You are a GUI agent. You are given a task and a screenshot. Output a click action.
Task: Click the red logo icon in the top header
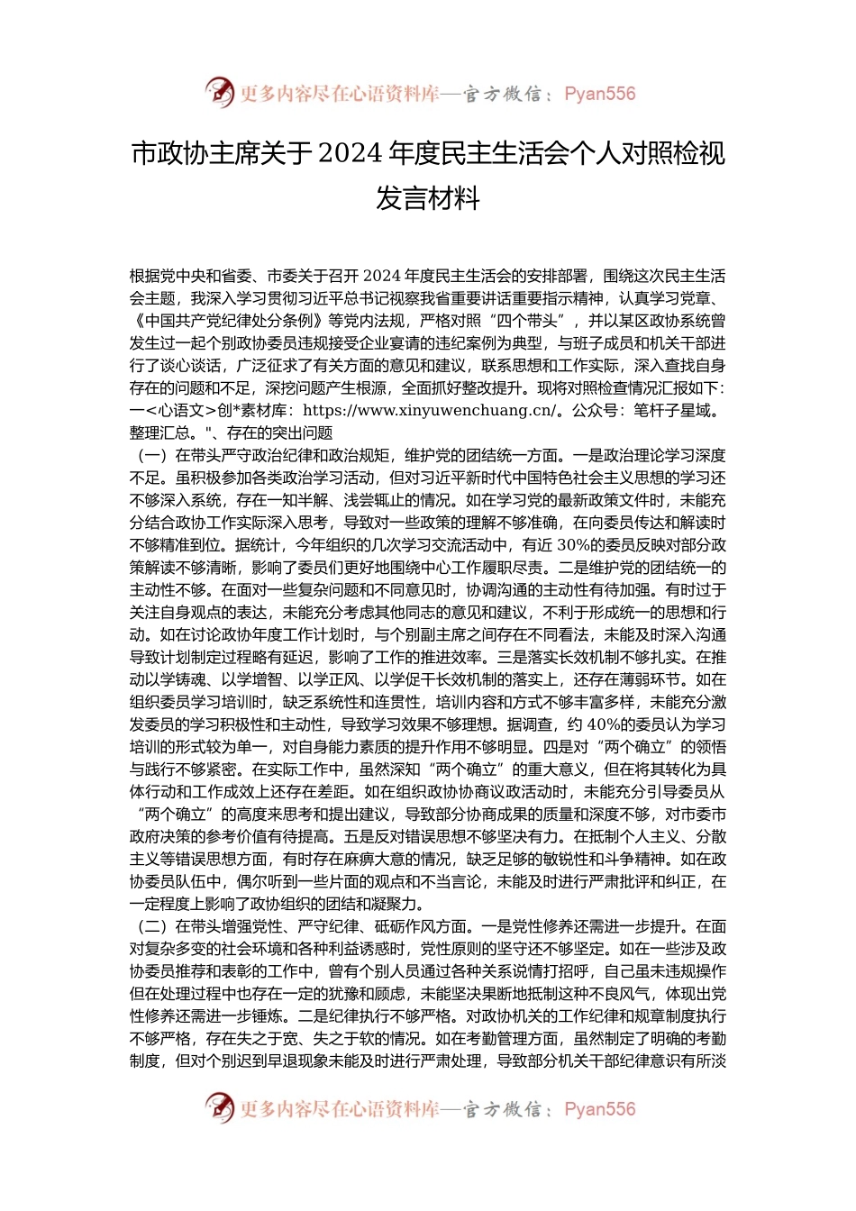point(220,93)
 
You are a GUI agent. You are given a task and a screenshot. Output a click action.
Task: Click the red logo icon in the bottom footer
point(220,1108)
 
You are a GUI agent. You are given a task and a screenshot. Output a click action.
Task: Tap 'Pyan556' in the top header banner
point(599,94)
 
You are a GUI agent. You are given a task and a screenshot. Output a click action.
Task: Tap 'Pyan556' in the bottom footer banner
point(599,1109)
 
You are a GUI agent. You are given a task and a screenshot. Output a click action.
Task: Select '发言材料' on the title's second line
point(427,197)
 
